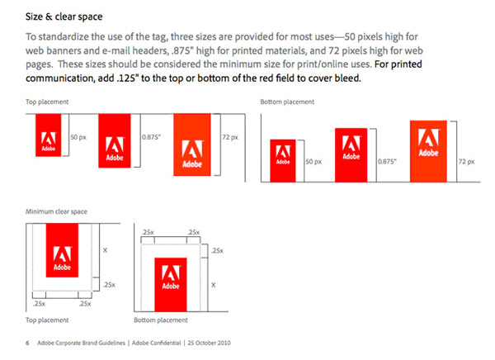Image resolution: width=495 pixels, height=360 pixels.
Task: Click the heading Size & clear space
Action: [x=64, y=17]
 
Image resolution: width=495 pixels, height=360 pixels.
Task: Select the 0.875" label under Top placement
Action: [x=151, y=137]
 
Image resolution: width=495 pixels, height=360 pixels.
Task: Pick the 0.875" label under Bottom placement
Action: [x=388, y=162]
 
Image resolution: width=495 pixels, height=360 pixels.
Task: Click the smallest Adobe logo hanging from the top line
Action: [x=49, y=135]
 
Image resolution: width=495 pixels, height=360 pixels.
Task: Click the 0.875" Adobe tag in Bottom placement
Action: [x=351, y=155]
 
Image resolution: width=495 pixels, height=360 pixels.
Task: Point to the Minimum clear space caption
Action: [x=56, y=211]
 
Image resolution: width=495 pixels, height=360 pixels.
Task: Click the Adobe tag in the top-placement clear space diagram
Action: [x=62, y=250]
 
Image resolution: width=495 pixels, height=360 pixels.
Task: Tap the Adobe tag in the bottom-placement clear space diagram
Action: [x=171, y=285]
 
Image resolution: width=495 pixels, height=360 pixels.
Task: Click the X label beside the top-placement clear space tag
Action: [x=105, y=250]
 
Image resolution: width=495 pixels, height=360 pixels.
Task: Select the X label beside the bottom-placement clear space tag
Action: [x=214, y=285]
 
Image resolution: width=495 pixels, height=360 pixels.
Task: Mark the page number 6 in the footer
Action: [x=27, y=343]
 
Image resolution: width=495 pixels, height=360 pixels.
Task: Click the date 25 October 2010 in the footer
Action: [x=209, y=343]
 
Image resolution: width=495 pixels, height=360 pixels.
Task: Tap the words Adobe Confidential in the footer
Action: [x=157, y=343]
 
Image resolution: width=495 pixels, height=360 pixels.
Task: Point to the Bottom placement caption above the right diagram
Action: [x=287, y=102]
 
